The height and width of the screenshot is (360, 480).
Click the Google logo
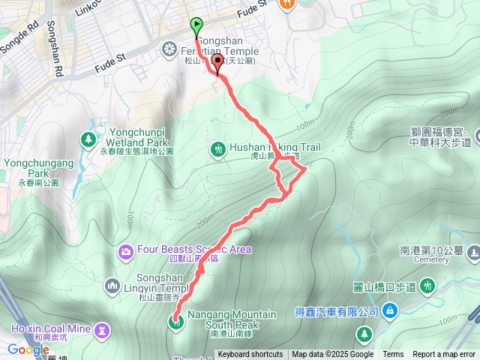[28, 349]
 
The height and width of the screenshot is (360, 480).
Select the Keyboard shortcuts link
[250, 355]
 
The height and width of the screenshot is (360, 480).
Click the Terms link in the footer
[393, 355]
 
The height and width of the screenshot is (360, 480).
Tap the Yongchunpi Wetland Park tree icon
[89, 139]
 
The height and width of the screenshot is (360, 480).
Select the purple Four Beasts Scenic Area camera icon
[126, 250]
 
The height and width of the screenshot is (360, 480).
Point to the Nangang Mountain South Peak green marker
[177, 322]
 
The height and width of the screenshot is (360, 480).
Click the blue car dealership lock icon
[390, 310]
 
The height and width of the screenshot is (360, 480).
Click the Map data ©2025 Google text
[332, 355]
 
